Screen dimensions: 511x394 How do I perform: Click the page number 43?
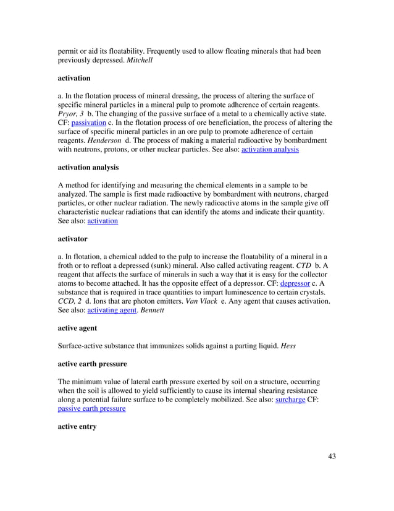[331, 457]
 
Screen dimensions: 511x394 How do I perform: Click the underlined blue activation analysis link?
[269, 149]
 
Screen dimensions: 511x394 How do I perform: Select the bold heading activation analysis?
[88, 168]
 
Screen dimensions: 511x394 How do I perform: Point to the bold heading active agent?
[78, 328]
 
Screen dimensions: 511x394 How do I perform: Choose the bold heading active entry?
[77, 426]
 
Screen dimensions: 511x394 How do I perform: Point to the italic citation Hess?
[288, 346]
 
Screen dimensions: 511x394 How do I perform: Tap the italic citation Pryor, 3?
[70, 114]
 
